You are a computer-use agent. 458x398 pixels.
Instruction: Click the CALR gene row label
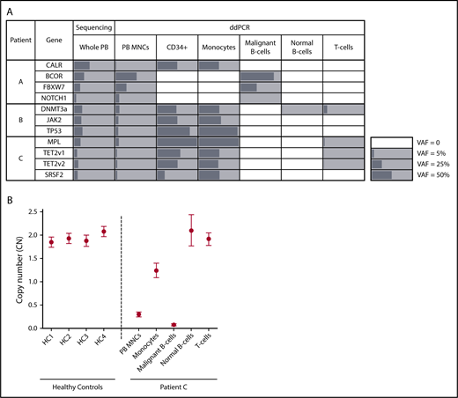pos(55,66)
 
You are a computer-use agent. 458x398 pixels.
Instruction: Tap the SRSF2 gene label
pos(55,173)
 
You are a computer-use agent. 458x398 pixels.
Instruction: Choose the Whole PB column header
pos(92,41)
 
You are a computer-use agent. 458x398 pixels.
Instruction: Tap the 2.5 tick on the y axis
pos(55,212)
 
